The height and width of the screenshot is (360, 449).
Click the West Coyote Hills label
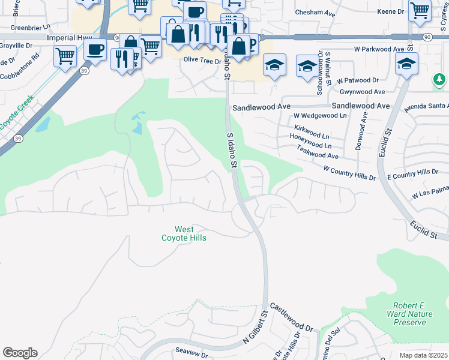184,233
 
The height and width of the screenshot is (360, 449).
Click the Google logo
20,352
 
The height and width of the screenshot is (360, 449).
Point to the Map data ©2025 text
424,355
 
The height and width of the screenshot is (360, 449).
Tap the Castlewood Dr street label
292,317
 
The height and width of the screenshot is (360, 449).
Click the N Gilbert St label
255,327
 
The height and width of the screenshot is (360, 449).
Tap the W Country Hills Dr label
348,173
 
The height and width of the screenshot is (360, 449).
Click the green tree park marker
440,79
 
